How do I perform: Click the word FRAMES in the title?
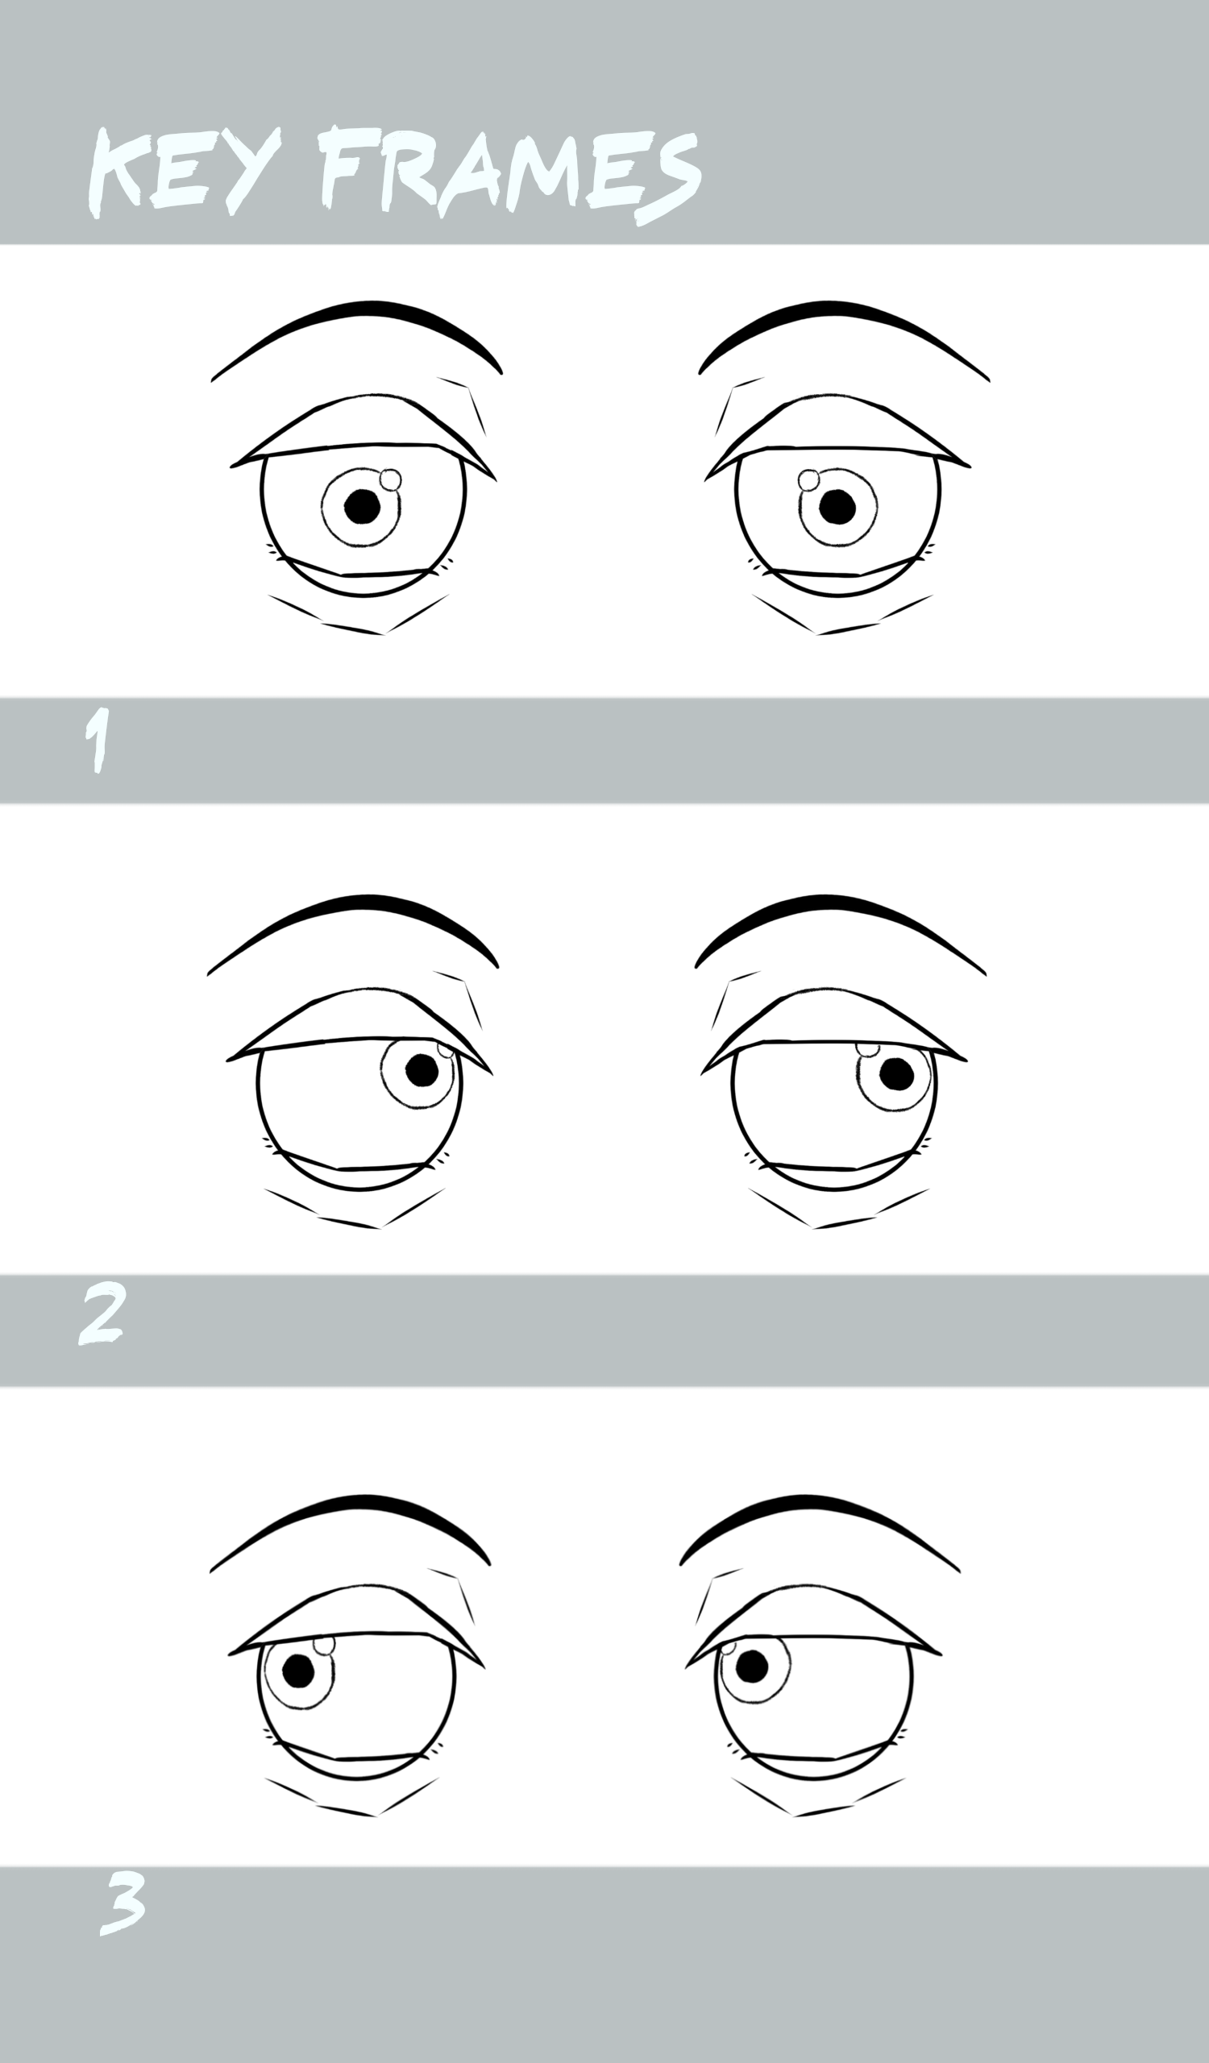(x=509, y=173)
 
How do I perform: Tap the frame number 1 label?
(x=98, y=740)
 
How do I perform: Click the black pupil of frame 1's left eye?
(x=362, y=506)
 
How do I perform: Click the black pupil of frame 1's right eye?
(x=837, y=507)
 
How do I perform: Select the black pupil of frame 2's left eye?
(x=422, y=1070)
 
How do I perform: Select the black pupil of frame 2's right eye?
(x=896, y=1074)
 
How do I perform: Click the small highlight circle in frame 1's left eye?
(x=390, y=479)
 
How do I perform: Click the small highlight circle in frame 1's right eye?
(x=808, y=479)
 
